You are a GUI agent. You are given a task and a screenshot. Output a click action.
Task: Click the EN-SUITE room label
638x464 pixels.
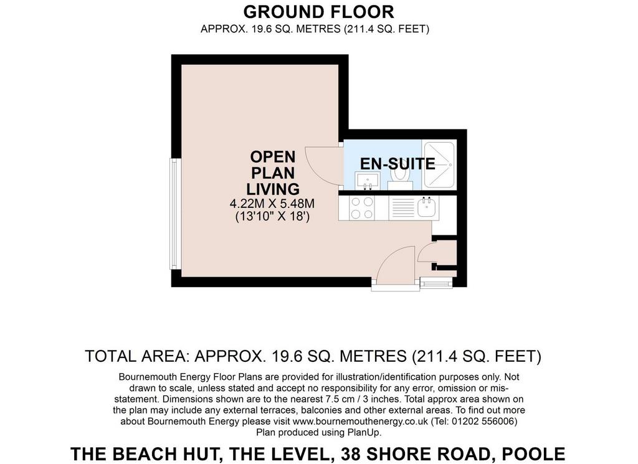[398, 163]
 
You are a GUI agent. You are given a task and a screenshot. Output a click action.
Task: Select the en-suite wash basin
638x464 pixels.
[367, 181]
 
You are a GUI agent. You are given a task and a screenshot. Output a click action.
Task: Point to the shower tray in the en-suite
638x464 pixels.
[439, 164]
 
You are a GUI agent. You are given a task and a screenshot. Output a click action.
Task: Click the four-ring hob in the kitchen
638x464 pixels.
[362, 208]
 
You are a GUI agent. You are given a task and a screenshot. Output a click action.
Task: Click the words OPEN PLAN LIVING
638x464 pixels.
[273, 173]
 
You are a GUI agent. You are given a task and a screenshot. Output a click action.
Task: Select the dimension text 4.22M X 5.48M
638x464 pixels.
[272, 203]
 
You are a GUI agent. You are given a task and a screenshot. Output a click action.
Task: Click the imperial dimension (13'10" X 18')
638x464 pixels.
[273, 216]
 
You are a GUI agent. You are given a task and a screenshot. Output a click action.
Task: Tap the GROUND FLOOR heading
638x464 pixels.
[318, 12]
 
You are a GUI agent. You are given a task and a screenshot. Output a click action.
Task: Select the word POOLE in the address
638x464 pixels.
[533, 454]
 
